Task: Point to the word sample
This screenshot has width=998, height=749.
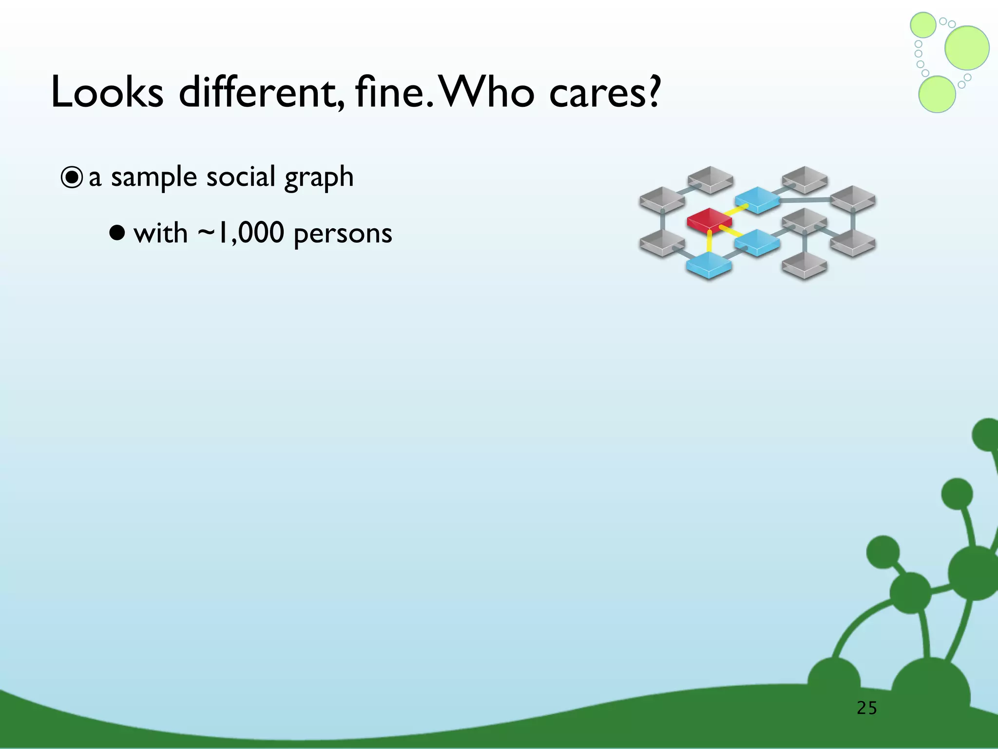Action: point(153,177)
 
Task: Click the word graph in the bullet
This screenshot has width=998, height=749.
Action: point(319,177)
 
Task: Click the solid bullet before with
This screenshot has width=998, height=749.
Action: point(117,233)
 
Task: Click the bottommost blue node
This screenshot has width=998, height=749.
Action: point(709,264)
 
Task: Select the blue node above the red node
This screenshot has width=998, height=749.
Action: point(757,198)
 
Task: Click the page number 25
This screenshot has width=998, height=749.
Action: point(866,708)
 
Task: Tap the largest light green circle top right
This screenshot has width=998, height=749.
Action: point(967,48)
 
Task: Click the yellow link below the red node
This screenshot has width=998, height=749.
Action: point(710,242)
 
